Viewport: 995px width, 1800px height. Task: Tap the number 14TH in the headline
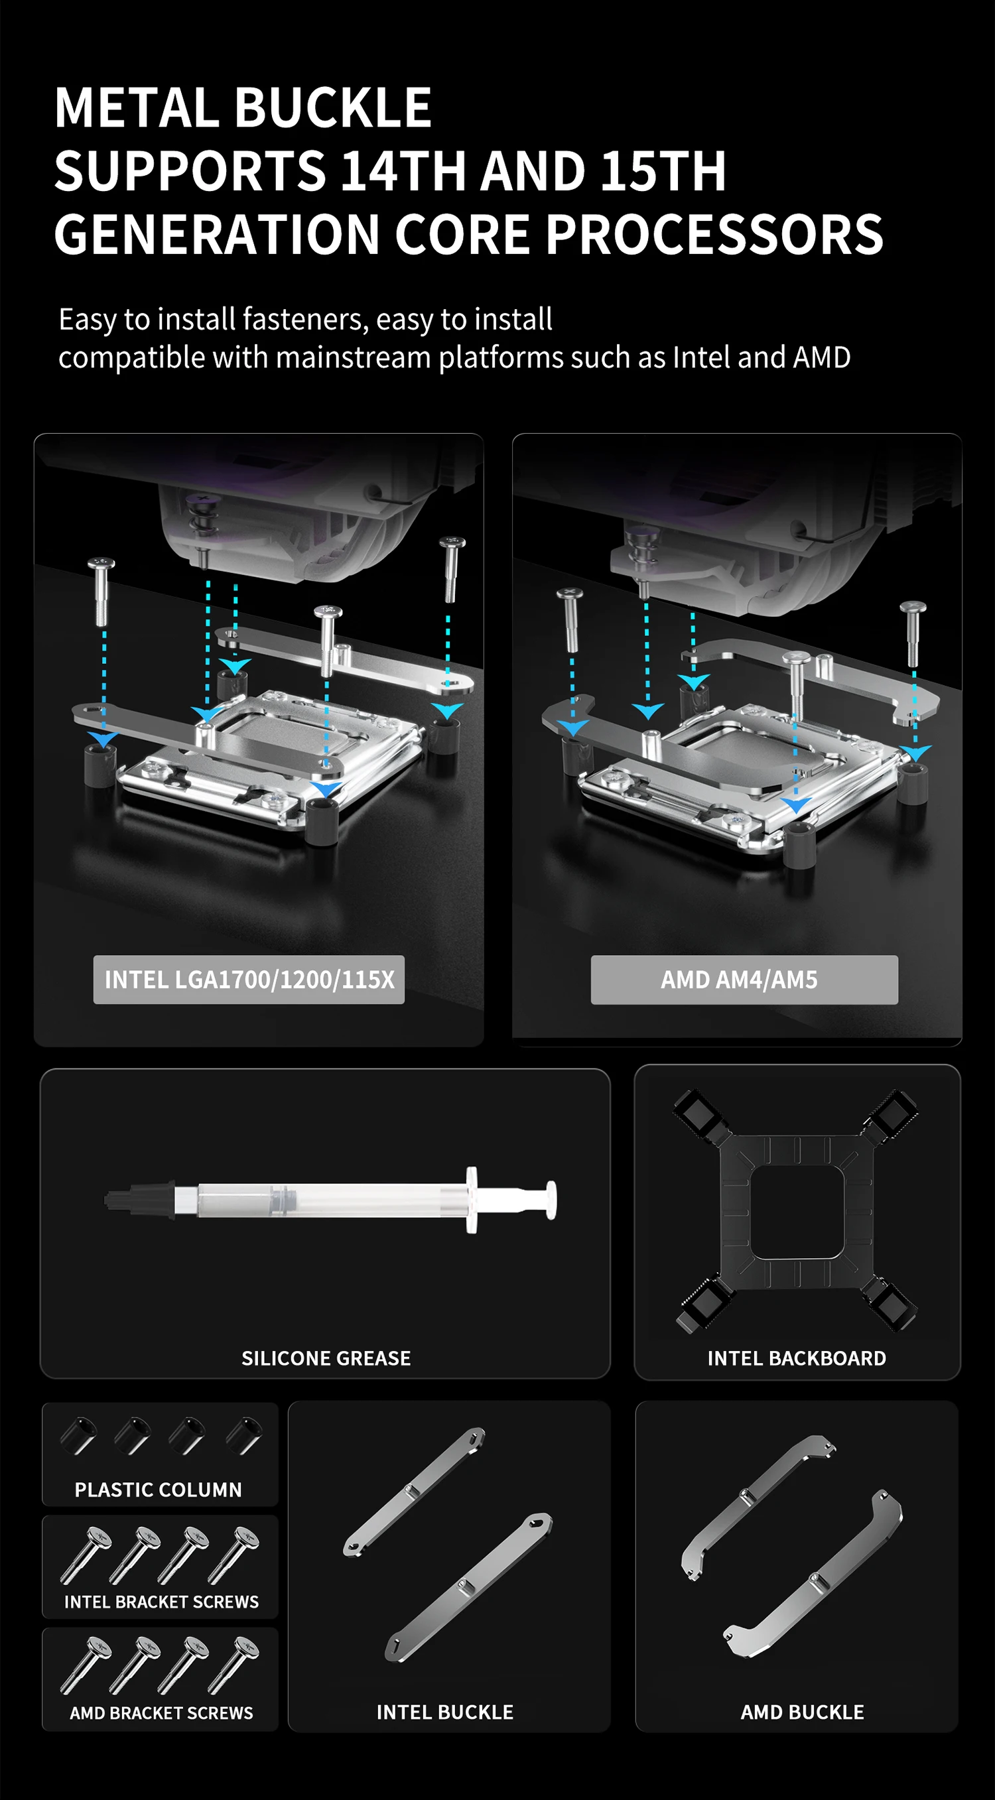click(x=403, y=171)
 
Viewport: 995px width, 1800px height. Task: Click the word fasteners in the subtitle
click(x=304, y=319)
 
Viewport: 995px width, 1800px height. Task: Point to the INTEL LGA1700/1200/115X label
click(x=249, y=980)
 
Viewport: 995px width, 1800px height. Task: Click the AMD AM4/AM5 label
click(x=739, y=980)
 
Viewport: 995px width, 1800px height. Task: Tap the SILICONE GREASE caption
click(x=326, y=1358)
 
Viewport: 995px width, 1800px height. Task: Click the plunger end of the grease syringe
click(x=551, y=1200)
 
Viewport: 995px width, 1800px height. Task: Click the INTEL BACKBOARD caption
click(x=797, y=1358)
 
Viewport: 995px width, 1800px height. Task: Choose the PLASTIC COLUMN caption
click(x=159, y=1490)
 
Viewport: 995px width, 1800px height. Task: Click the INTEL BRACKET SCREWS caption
click(x=161, y=1602)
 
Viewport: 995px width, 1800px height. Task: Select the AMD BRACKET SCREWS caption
click(x=161, y=1712)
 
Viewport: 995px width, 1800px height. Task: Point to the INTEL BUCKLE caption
click(x=445, y=1712)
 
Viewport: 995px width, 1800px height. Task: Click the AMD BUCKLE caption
click(x=802, y=1712)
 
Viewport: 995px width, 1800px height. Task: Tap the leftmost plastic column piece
click(x=78, y=1436)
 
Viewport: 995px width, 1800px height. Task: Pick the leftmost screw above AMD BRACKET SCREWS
click(x=86, y=1666)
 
